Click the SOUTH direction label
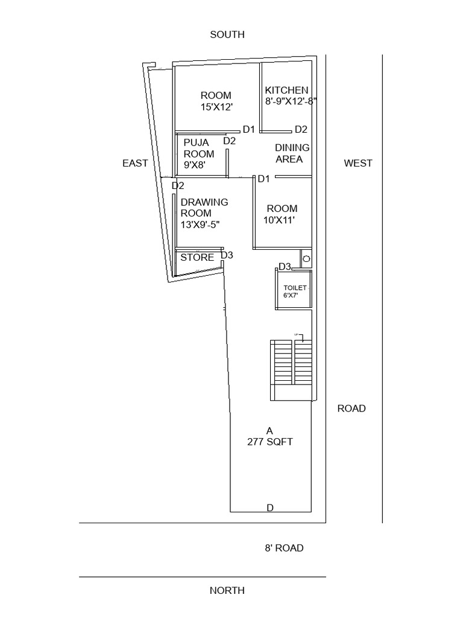tap(227, 35)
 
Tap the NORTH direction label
tap(227, 590)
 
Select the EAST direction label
tap(135, 163)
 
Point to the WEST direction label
tap(358, 163)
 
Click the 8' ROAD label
tap(284, 548)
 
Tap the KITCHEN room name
tap(287, 90)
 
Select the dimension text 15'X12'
tap(216, 107)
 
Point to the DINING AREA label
tap(292, 153)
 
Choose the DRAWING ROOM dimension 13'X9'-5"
tap(200, 225)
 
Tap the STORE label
tap(198, 258)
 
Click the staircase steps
tap(292, 362)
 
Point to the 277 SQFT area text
tap(270, 442)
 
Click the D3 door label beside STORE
tap(227, 255)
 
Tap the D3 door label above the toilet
tap(285, 266)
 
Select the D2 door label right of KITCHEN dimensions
tap(301, 129)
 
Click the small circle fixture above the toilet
tap(306, 258)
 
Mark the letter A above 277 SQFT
tap(270, 430)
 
